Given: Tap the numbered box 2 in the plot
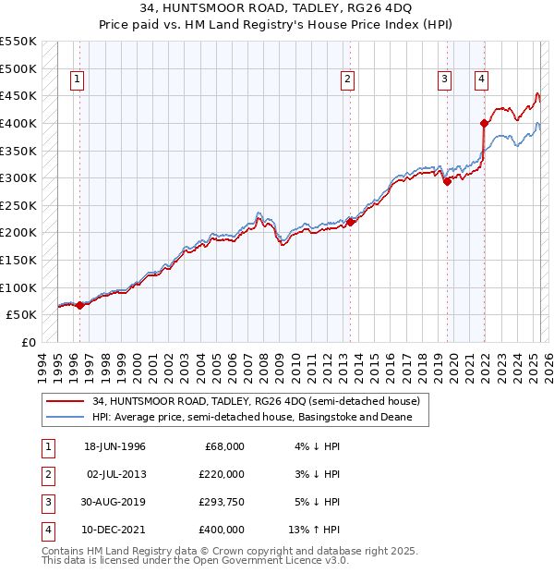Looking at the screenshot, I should click(347, 79).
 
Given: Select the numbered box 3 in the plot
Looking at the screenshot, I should click(444, 79).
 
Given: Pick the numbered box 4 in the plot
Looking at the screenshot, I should click(482, 79).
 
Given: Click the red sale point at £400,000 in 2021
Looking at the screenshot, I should click(484, 123).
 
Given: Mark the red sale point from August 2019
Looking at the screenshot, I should click(447, 181).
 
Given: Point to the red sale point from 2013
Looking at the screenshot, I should click(351, 222).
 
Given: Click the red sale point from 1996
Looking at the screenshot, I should click(79, 305).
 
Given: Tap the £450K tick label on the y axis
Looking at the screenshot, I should click(18, 95).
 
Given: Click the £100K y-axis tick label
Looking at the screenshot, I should click(18, 287).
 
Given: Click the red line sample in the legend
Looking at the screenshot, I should click(65, 401).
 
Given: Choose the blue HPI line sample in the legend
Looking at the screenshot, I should click(65, 418).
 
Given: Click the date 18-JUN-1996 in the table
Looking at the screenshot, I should click(114, 446).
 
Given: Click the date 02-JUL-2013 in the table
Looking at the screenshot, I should click(114, 474).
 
